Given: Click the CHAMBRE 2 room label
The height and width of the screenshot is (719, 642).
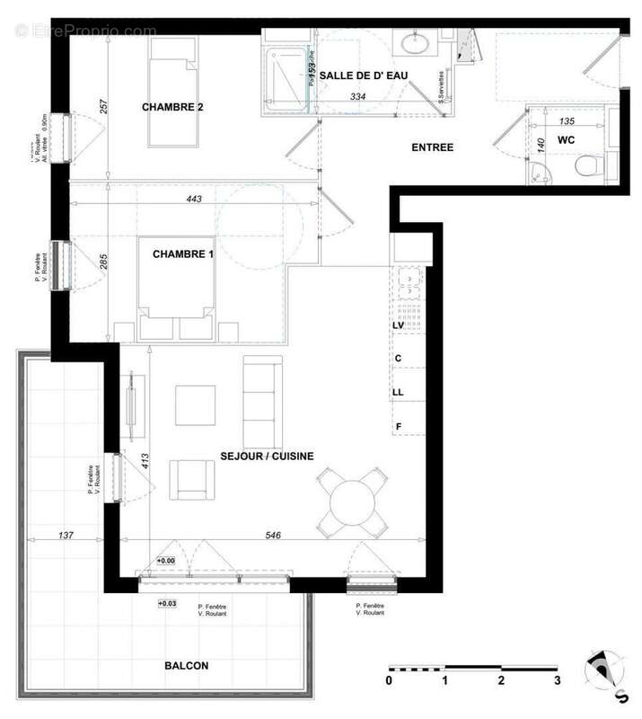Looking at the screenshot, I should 173,108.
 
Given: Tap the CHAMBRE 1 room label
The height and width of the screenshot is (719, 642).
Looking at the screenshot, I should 183,254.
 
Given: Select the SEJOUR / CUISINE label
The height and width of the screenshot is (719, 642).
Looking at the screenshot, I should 267,457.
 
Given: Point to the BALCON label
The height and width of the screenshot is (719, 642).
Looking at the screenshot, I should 187,666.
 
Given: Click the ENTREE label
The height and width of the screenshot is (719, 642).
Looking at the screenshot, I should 433,147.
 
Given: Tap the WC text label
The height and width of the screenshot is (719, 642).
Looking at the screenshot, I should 566,140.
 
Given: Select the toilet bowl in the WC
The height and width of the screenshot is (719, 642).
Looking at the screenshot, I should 589,165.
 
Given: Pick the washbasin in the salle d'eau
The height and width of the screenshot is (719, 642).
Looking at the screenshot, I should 417,43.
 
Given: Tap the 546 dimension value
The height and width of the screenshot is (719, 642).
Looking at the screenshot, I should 274,536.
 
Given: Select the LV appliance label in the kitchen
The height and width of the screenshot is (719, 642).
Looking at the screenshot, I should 399,326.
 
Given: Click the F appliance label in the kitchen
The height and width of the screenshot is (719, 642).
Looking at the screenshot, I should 398,426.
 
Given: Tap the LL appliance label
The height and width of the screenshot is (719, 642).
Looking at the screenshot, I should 399,393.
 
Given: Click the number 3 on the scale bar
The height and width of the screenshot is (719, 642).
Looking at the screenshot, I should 558,680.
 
